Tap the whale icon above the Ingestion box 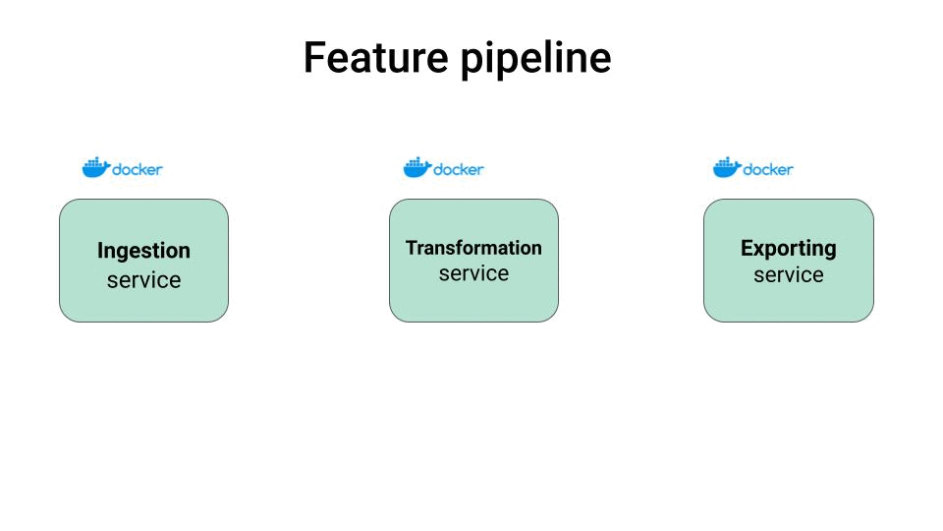[x=95, y=168]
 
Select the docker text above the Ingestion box [x=138, y=169]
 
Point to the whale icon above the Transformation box [x=416, y=168]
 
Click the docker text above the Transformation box [x=459, y=169]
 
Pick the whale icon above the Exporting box [x=726, y=168]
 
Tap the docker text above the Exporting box [x=768, y=169]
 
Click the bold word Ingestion [x=143, y=252]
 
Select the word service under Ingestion [x=143, y=280]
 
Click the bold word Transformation [x=473, y=248]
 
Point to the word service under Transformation [x=473, y=273]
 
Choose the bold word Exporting [x=788, y=249]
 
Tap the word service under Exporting [x=788, y=275]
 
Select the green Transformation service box [x=473, y=301]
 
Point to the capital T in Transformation [x=412, y=248]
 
